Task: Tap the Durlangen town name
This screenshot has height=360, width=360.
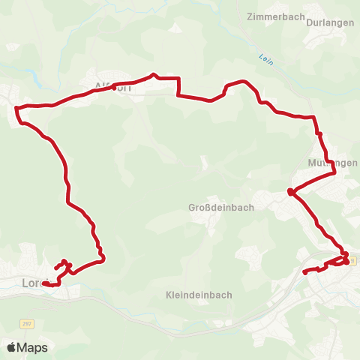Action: pyautogui.click(x=330, y=22)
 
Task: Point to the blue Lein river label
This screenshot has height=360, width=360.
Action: pyautogui.click(x=265, y=58)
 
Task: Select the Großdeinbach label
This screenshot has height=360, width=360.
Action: pyautogui.click(x=216, y=207)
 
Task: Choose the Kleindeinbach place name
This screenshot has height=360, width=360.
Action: pyautogui.click(x=199, y=295)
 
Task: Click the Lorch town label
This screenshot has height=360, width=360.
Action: pyautogui.click(x=35, y=283)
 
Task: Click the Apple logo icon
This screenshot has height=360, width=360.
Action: pyautogui.click(x=13, y=348)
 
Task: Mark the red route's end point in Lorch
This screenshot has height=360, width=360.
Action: pyautogui.click(x=46, y=283)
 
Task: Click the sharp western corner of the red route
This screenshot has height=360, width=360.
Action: pyautogui.click(x=16, y=107)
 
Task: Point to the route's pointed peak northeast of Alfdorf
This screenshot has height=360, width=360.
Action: pyautogui.click(x=154, y=74)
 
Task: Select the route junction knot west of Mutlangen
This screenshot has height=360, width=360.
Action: pyautogui.click(x=289, y=193)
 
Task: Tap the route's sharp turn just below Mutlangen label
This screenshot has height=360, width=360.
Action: pyautogui.click(x=334, y=174)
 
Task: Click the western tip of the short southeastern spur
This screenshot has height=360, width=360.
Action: pyautogui.click(x=304, y=272)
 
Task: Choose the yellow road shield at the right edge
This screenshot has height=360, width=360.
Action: pyautogui.click(x=352, y=259)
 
